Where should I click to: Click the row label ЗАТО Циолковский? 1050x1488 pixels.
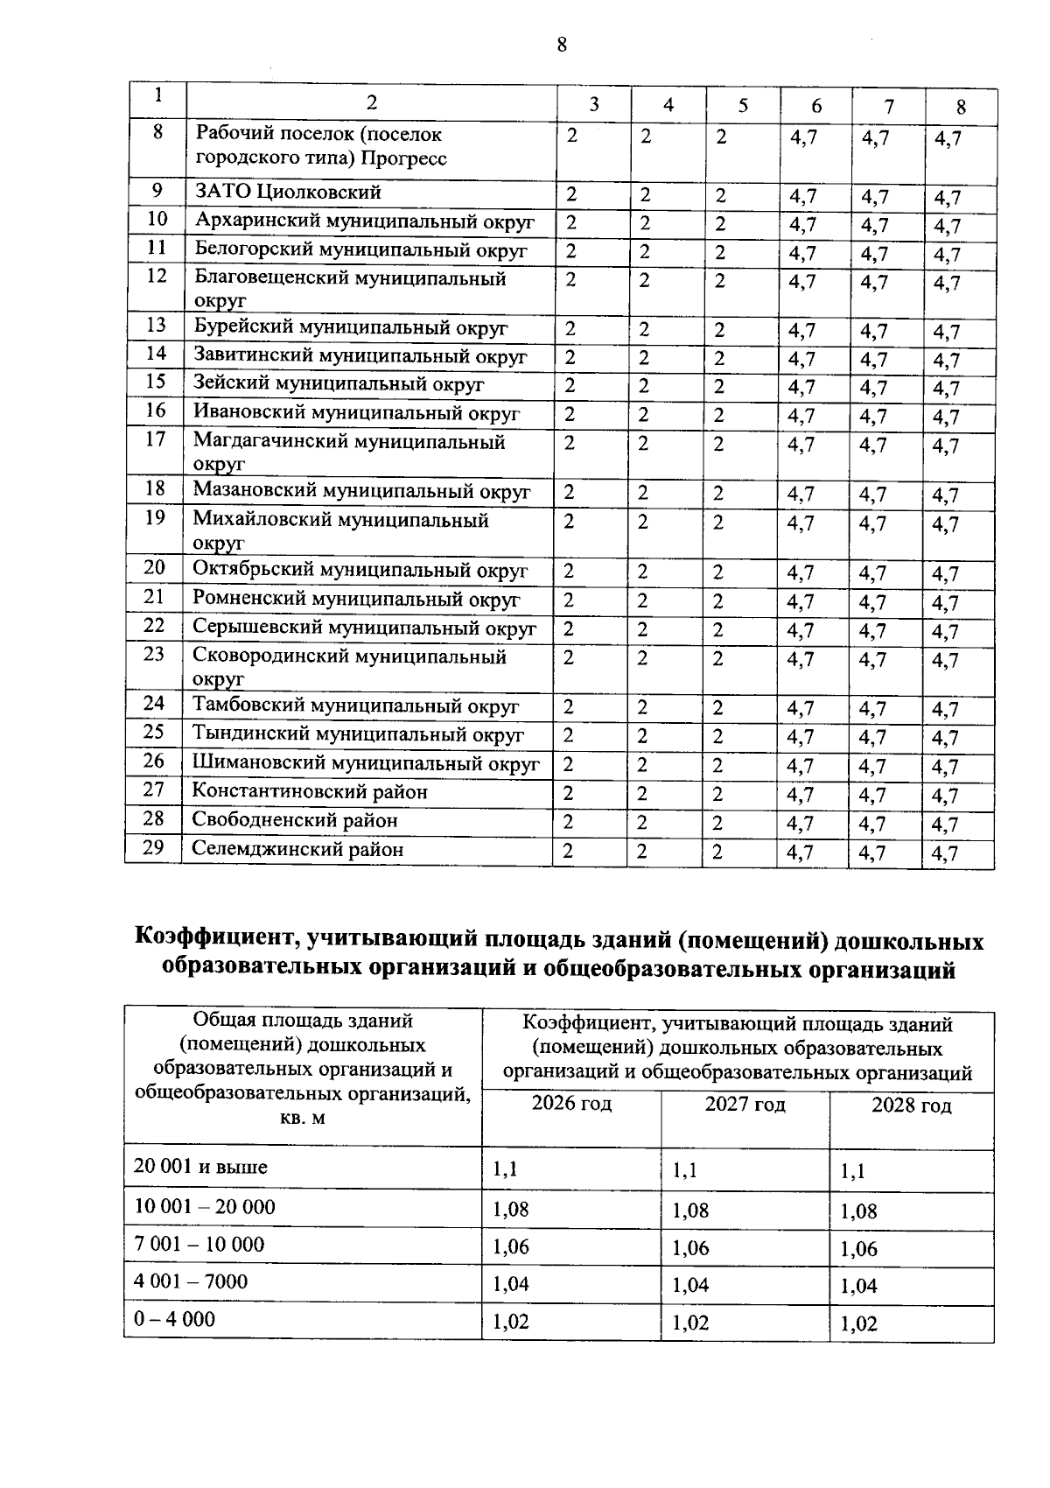coord(288,192)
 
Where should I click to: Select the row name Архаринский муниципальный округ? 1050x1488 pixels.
coord(364,221)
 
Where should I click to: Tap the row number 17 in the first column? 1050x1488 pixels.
coord(156,439)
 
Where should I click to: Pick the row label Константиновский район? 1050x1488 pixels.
coord(310,791)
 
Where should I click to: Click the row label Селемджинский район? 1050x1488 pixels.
coord(297,849)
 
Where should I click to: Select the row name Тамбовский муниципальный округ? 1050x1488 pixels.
coord(355,705)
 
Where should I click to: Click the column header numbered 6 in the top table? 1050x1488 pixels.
coord(816,107)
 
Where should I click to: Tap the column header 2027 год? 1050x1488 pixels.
coord(745,1105)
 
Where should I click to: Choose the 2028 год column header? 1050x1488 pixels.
coord(911,1105)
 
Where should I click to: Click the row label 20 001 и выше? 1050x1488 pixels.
coord(200,1168)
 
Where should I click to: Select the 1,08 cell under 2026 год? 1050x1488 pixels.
coord(511,1210)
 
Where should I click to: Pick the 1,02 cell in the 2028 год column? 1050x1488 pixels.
coord(858,1324)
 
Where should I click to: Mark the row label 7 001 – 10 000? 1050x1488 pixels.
coord(199,1245)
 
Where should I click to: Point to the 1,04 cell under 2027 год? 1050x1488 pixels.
coord(690,1285)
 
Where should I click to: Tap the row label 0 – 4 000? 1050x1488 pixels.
coord(174,1319)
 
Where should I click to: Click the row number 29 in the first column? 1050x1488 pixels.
coord(154,846)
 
